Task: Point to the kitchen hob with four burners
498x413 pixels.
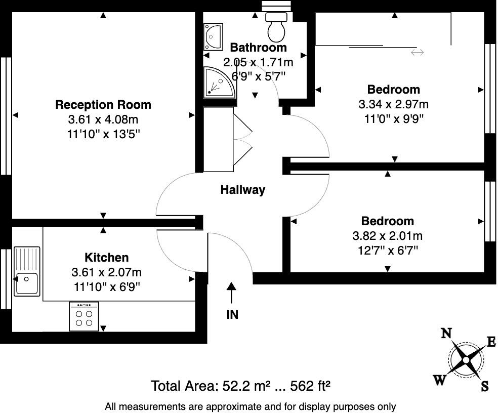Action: point(84,316)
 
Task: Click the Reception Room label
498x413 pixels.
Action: point(103,105)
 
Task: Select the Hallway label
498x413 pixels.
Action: point(243,190)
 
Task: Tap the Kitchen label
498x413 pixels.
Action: point(106,257)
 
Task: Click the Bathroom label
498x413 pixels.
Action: point(258,48)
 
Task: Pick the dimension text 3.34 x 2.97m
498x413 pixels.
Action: point(393,105)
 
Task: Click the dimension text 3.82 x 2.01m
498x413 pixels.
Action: point(387,236)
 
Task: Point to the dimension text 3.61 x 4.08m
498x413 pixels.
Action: point(103,120)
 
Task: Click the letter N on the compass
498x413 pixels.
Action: point(446,333)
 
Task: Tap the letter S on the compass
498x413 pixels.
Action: point(484,387)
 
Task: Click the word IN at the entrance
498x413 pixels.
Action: point(232,314)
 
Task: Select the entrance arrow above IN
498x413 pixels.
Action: point(231,294)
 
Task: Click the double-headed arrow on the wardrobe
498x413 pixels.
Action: point(417,53)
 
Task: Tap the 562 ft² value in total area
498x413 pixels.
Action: point(309,386)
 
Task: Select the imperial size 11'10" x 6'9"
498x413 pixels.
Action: point(106,287)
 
